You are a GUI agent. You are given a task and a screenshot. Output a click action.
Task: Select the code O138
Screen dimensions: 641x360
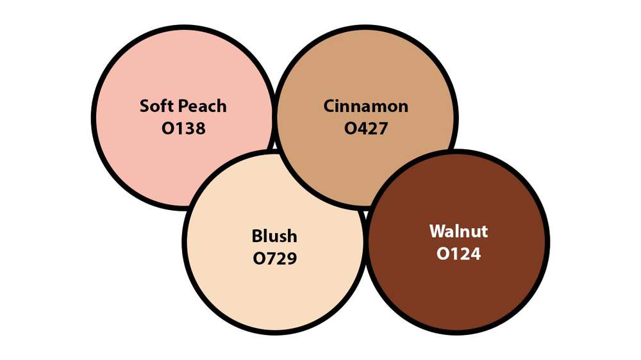click(183, 128)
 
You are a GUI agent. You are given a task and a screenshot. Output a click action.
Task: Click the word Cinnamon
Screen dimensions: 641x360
click(366, 106)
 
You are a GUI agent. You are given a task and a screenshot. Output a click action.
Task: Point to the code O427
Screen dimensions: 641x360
click(366, 128)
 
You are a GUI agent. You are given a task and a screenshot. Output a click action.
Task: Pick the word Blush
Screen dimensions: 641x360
click(274, 236)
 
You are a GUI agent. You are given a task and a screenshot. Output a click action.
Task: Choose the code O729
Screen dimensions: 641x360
click(274, 258)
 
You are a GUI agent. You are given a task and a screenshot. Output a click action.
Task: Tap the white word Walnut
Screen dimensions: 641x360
click(458, 231)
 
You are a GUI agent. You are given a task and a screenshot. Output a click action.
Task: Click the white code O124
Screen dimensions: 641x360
click(458, 254)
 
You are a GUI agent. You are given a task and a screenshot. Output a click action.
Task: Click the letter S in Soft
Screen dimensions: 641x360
click(144, 106)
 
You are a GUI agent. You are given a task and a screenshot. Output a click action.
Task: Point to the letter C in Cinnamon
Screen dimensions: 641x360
click(329, 106)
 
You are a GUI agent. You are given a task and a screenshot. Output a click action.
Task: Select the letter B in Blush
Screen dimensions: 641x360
click(257, 236)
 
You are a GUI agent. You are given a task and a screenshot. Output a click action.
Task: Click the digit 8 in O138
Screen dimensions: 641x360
click(200, 128)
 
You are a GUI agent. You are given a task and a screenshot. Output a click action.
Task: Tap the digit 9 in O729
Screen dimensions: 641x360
click(292, 258)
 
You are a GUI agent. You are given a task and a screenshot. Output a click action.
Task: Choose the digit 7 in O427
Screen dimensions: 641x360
click(383, 128)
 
